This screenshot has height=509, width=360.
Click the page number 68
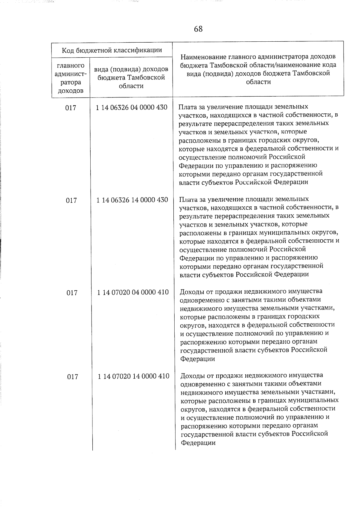pyautogui.click(x=198, y=29)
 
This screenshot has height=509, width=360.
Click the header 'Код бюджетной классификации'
pyautogui.click(x=112, y=50)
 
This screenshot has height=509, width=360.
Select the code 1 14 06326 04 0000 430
pyautogui.click(x=132, y=107)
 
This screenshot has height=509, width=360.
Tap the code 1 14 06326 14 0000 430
pyautogui.click(x=132, y=200)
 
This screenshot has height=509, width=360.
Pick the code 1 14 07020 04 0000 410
pyautogui.click(x=133, y=292)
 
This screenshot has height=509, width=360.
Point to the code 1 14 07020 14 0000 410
pyautogui.click(x=133, y=376)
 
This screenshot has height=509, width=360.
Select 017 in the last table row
pyautogui.click(x=72, y=377)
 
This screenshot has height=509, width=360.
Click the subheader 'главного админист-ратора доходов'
pyautogui.click(x=70, y=78)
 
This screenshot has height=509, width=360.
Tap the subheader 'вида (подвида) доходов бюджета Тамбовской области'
pyautogui.click(x=131, y=78)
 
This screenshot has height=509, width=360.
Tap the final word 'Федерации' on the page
pyautogui.click(x=198, y=443)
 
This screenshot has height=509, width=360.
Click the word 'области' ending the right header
pyautogui.click(x=258, y=82)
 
